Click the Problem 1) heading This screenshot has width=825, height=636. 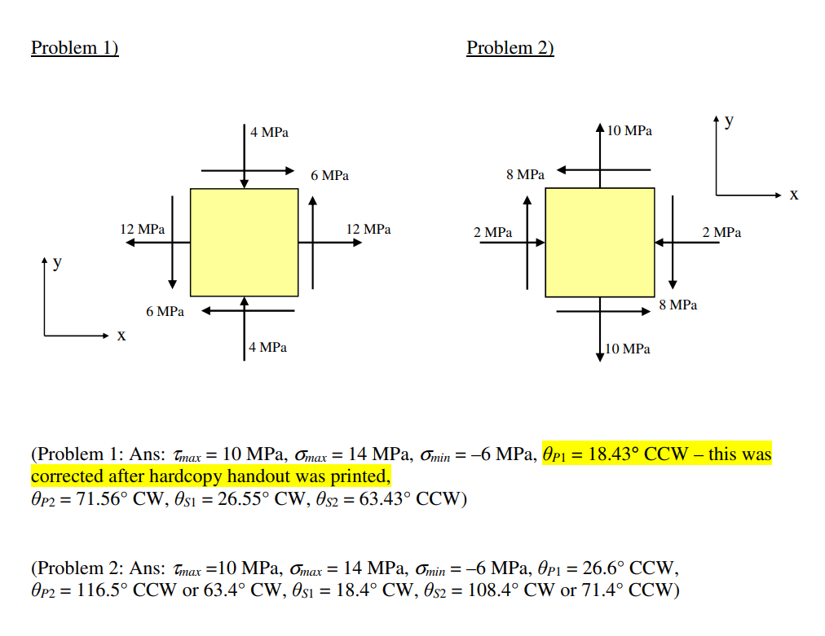click(75, 48)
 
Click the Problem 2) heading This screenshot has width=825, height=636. click(510, 48)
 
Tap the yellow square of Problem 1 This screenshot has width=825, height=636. click(244, 242)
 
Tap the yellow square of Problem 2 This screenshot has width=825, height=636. click(599, 242)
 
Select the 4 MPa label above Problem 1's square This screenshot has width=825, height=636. click(269, 132)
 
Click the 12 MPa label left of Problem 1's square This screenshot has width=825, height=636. click(142, 230)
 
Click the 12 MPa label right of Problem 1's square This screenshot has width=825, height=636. click(368, 230)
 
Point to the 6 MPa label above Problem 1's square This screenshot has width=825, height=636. click(329, 176)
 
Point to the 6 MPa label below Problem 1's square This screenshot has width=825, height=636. click(165, 312)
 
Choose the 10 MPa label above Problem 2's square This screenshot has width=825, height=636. click(629, 130)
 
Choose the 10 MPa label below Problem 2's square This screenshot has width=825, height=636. click(628, 349)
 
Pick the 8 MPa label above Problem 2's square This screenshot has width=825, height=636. click(525, 175)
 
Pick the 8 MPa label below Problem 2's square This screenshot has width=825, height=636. click(678, 305)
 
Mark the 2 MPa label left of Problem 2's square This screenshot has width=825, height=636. click(493, 233)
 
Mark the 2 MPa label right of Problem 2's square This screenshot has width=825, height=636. click(722, 233)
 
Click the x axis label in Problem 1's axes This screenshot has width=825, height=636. click(121, 336)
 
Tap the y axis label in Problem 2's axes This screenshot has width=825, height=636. click(729, 121)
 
